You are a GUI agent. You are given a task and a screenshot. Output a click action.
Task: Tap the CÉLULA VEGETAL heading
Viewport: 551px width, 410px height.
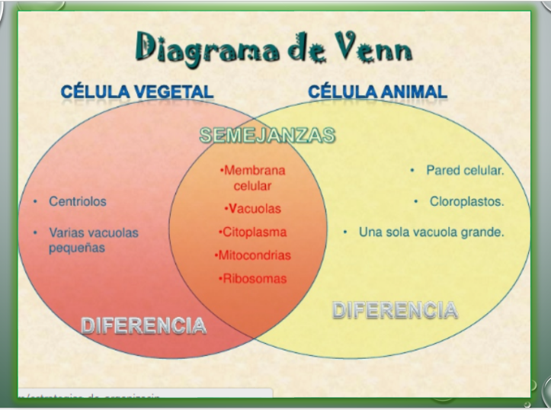click(137, 92)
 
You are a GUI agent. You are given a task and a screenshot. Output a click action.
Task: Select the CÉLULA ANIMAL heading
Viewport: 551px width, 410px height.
click(377, 92)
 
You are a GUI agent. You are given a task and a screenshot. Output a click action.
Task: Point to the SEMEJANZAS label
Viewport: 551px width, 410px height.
click(267, 136)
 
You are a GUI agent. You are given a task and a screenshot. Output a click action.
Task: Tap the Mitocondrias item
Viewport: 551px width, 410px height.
click(254, 255)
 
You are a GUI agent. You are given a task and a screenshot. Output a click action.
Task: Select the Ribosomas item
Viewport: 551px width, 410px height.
click(253, 278)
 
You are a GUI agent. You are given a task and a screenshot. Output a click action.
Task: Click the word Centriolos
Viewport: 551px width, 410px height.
click(78, 202)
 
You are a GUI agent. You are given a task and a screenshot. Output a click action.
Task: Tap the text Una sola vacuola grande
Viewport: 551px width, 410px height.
click(431, 232)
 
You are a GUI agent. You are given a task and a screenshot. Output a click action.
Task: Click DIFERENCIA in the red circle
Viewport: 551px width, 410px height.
click(143, 325)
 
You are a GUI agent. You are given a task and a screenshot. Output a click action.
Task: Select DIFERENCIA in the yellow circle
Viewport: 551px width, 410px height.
click(396, 309)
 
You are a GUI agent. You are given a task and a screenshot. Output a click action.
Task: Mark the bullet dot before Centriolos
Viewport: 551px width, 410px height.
click(36, 202)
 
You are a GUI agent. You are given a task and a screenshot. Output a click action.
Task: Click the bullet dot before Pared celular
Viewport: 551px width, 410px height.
click(412, 171)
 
